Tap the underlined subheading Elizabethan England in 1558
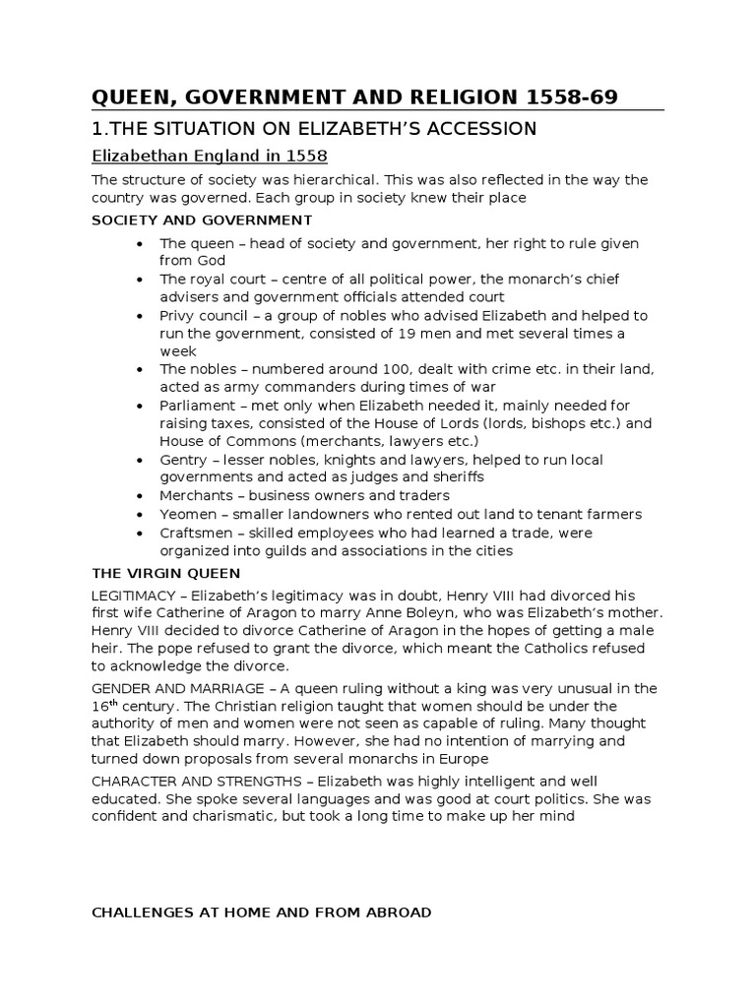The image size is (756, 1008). point(209,157)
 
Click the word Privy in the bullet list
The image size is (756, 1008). point(178,316)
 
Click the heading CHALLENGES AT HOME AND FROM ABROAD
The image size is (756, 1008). point(261,913)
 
